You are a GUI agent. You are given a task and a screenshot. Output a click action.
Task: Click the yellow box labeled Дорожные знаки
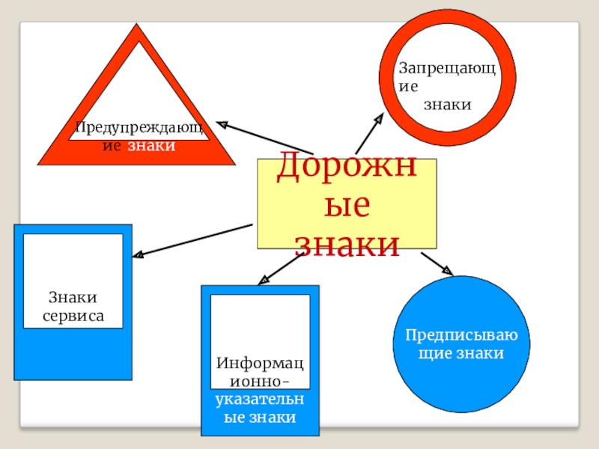[346, 204]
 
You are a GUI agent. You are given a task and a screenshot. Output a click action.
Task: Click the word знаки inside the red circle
[447, 105]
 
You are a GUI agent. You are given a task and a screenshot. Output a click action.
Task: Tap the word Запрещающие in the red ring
[447, 75]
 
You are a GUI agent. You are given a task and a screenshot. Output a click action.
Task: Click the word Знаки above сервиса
[73, 299]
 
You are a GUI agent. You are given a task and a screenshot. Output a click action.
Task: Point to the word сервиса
[73, 316]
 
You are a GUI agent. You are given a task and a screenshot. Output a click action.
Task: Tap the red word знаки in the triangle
[151, 144]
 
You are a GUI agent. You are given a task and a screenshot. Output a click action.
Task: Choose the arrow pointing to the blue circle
[437, 263]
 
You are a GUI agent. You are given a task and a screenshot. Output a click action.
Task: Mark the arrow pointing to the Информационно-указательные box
[279, 268]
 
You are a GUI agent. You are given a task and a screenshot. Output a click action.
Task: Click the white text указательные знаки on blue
[260, 409]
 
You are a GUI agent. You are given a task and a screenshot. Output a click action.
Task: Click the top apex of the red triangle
[136, 28]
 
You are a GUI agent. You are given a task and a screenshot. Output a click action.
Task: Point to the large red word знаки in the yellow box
[346, 244]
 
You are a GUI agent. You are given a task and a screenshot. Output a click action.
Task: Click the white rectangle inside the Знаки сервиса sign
[73, 281]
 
